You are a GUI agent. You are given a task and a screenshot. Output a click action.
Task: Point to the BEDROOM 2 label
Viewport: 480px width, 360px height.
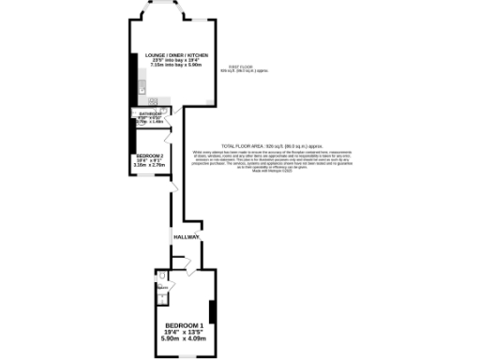click(150, 156)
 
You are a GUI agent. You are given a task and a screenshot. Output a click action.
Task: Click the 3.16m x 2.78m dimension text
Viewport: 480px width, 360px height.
click(150, 166)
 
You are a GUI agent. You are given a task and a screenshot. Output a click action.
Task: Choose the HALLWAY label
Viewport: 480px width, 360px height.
click(186, 238)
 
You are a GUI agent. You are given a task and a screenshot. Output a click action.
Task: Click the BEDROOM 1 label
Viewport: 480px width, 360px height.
click(184, 325)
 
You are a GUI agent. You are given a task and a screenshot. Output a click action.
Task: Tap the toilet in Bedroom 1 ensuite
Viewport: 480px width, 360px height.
click(160, 283)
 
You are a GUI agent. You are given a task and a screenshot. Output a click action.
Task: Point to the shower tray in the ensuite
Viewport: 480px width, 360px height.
click(161, 298)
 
